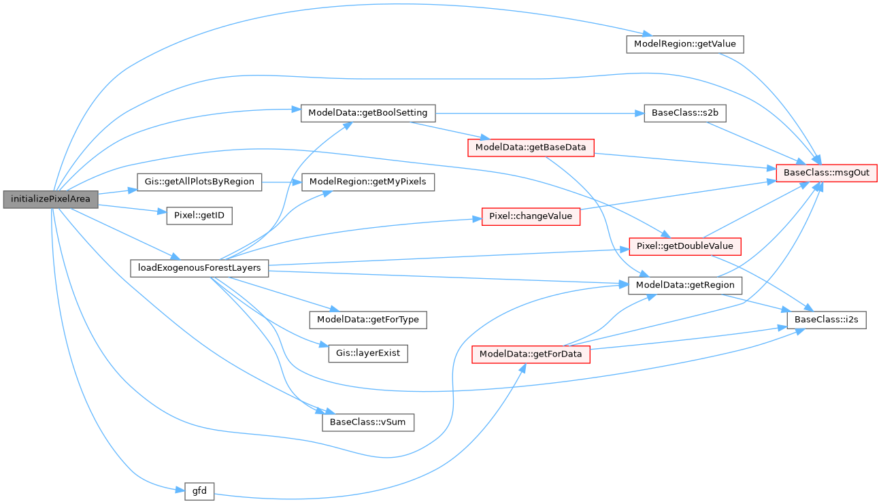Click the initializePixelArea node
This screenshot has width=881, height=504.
pyautogui.click(x=51, y=199)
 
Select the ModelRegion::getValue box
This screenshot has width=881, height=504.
pyautogui.click(x=684, y=44)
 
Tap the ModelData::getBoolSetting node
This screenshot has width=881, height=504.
pyautogui.click(x=368, y=112)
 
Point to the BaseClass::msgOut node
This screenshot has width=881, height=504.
pyautogui.click(x=827, y=173)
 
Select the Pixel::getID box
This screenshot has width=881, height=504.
pyautogui.click(x=199, y=216)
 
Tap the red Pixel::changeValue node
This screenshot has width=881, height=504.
pyautogui.click(x=531, y=217)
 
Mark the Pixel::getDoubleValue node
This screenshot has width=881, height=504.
pyautogui.click(x=684, y=246)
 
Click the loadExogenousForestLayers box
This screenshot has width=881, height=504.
pyautogui.click(x=199, y=267)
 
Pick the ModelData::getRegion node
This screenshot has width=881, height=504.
pyautogui.click(x=685, y=284)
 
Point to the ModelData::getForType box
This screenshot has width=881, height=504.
pyautogui.click(x=368, y=319)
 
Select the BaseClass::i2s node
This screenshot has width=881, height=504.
pyautogui.click(x=827, y=320)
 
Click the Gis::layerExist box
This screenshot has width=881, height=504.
pyautogui.click(x=368, y=354)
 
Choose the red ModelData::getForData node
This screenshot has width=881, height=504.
pyautogui.click(x=531, y=354)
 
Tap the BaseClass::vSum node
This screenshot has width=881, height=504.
pyautogui.click(x=368, y=422)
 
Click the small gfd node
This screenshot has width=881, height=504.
pyautogui.click(x=199, y=490)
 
